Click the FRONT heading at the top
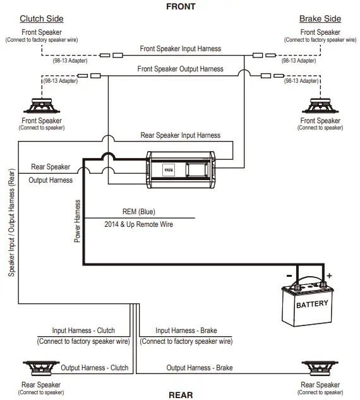(180, 6)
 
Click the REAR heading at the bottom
(180, 395)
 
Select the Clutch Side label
(42, 18)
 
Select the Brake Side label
(320, 18)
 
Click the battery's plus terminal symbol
(329, 276)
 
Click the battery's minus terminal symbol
(288, 276)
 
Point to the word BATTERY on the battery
(312, 304)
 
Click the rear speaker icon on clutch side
(42, 368)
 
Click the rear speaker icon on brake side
(320, 368)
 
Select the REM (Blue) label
(138, 212)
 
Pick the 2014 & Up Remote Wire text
(138, 224)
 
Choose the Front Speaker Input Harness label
(181, 48)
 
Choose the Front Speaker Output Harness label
(181, 69)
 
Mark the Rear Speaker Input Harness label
(180, 135)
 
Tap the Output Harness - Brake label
(200, 368)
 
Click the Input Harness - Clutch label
(83, 330)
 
